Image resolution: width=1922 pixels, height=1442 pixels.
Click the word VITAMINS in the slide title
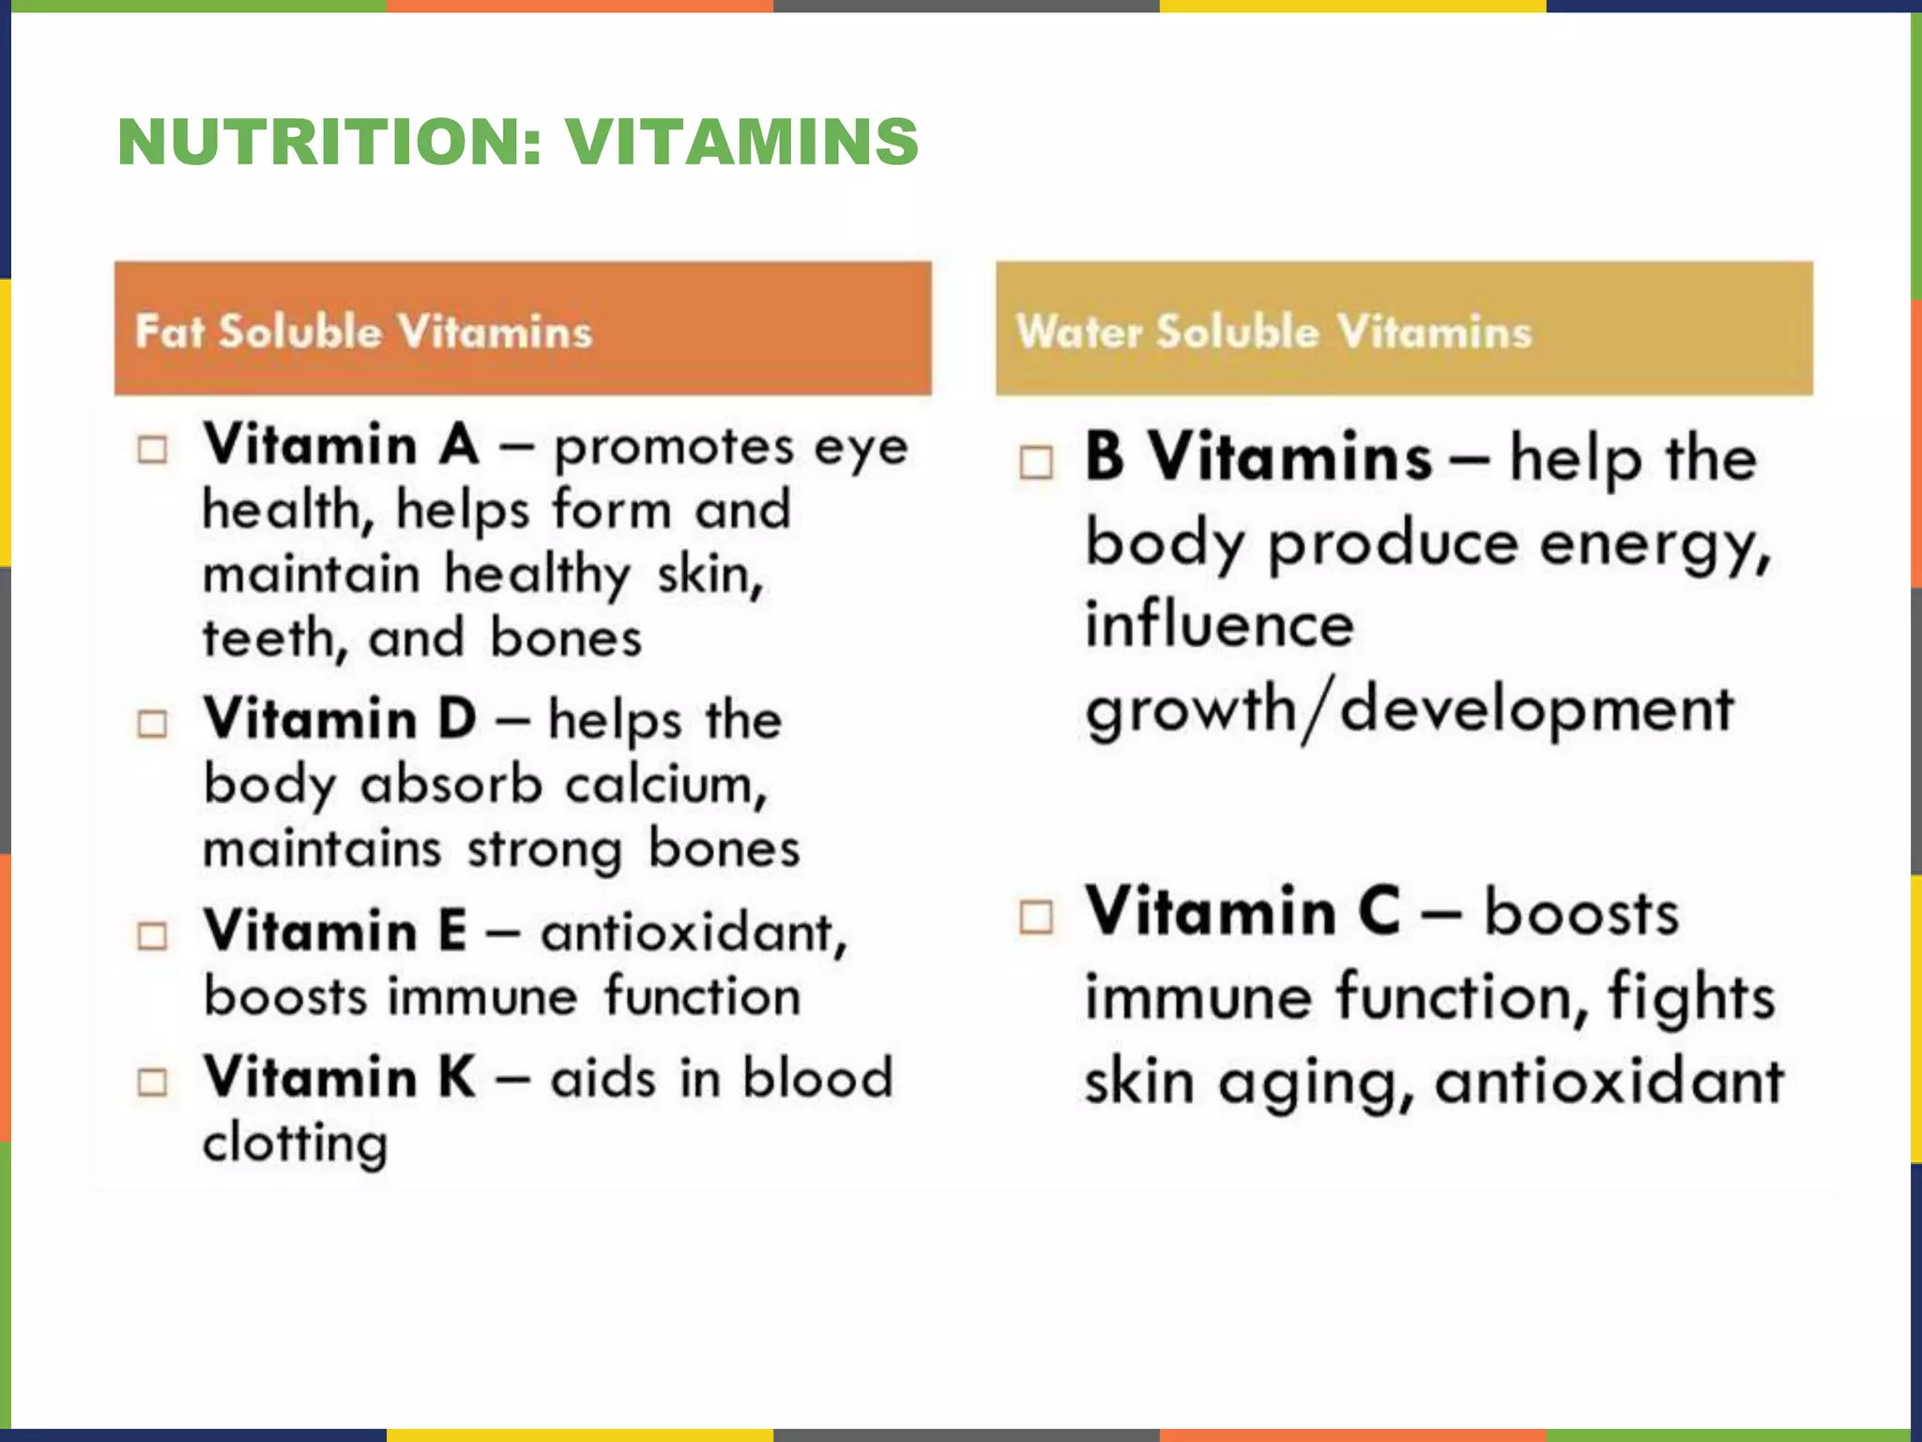click(741, 143)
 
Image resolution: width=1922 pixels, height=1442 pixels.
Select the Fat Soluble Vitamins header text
click(363, 331)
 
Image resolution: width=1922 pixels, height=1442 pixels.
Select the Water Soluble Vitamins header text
click(1274, 331)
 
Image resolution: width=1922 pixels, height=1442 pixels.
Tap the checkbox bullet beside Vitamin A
click(153, 450)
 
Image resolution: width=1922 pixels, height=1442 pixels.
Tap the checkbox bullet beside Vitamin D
click(153, 724)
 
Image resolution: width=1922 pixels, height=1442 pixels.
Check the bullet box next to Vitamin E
click(153, 936)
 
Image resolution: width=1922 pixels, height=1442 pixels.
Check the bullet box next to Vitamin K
click(153, 1082)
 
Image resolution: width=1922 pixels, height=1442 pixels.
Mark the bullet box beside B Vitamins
click(1036, 462)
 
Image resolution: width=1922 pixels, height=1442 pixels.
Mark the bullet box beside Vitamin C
click(1036, 917)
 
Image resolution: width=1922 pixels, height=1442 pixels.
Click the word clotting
click(296, 1143)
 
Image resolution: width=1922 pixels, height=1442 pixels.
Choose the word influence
click(1220, 625)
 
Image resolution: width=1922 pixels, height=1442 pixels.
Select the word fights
click(1691, 997)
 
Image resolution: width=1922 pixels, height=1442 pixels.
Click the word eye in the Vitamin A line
click(861, 448)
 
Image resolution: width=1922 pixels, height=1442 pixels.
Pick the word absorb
click(451, 785)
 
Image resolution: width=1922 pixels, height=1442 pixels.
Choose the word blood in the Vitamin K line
click(817, 1078)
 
